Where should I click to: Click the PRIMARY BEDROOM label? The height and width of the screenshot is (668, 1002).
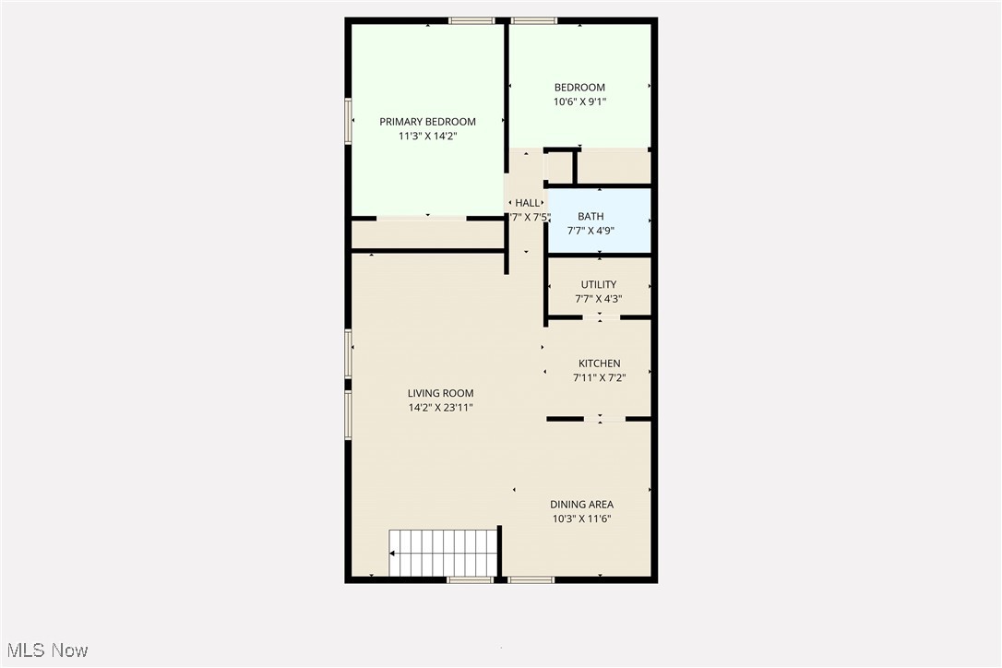[x=427, y=122]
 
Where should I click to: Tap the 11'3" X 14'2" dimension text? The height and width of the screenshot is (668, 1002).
[x=427, y=136]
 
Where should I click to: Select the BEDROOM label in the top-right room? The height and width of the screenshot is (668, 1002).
[x=579, y=88]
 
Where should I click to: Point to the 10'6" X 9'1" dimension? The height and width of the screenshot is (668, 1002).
[x=579, y=101]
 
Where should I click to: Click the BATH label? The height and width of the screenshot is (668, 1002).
[x=590, y=217]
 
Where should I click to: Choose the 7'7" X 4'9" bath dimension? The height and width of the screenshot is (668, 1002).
[x=590, y=231]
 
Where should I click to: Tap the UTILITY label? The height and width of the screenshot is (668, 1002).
[x=598, y=284]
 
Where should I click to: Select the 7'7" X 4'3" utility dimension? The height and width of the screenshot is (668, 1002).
[x=598, y=298]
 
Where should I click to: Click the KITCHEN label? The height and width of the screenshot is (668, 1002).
[x=599, y=364]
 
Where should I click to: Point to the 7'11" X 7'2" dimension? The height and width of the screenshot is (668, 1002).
[x=599, y=377]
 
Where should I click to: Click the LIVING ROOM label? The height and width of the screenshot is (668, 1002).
[x=440, y=393]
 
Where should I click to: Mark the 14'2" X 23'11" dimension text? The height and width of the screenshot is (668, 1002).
[x=440, y=407]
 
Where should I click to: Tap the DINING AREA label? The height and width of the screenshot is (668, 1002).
[x=581, y=505]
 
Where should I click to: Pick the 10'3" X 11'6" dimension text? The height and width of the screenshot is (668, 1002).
[x=581, y=519]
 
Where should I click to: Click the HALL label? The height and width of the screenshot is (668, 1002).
[x=527, y=203]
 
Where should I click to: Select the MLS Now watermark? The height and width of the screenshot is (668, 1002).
[x=44, y=650]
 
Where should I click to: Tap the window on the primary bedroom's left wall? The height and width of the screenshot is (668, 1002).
[x=349, y=121]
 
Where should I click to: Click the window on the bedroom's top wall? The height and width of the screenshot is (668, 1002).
[x=534, y=20]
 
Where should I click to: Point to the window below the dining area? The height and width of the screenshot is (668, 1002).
[x=531, y=579]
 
